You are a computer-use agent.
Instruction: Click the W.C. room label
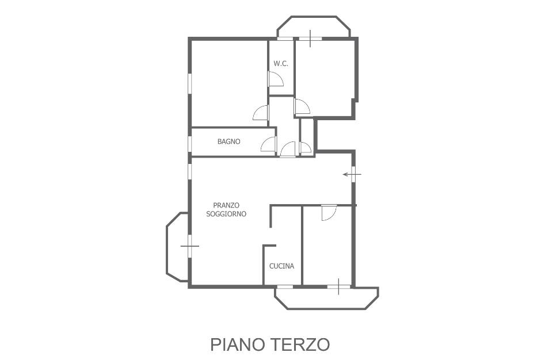coord(281,64)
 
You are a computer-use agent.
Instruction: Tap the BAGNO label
coord(228,141)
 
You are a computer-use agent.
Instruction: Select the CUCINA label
coord(282,266)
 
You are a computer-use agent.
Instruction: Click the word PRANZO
coord(226,205)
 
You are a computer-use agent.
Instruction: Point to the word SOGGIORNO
coord(226,214)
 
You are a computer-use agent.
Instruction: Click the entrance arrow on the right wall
coord(352,174)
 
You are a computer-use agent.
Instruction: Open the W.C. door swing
coord(276,79)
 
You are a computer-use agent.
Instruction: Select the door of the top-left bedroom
coord(261,112)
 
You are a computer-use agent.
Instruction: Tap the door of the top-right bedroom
coord(302,106)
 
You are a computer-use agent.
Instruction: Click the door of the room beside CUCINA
coord(329,213)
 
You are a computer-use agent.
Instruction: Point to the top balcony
coord(314,27)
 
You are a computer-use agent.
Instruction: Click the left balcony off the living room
coord(178,247)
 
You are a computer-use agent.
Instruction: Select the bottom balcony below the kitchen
coord(326,298)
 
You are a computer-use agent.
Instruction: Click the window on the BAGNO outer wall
coord(189,144)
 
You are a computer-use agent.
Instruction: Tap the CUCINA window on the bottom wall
coord(285,286)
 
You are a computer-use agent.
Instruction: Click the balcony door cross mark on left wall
coord(190,246)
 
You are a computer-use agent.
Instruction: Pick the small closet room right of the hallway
coord(307,137)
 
